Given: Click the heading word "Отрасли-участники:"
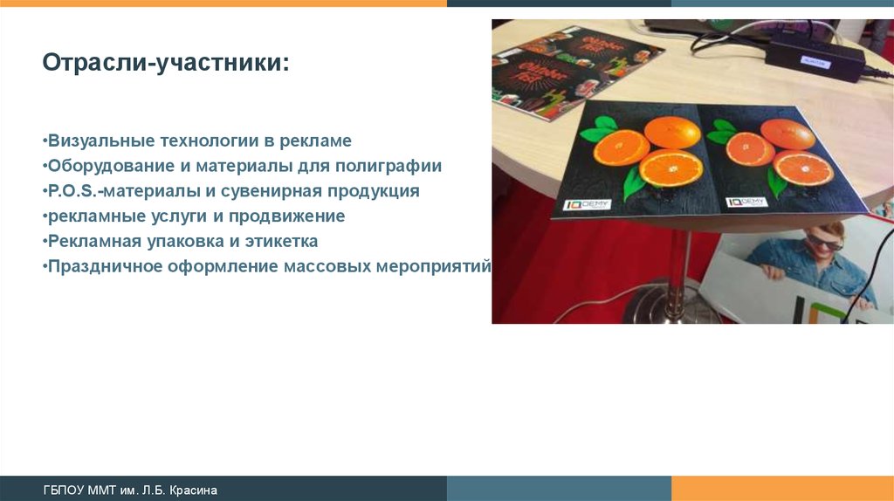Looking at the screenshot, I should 165,64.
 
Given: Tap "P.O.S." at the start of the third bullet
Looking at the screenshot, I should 73,191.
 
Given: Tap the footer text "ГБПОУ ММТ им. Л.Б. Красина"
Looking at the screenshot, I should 130,491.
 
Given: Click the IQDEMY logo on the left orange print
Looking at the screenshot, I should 588,204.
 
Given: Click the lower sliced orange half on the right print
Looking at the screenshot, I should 802,168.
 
